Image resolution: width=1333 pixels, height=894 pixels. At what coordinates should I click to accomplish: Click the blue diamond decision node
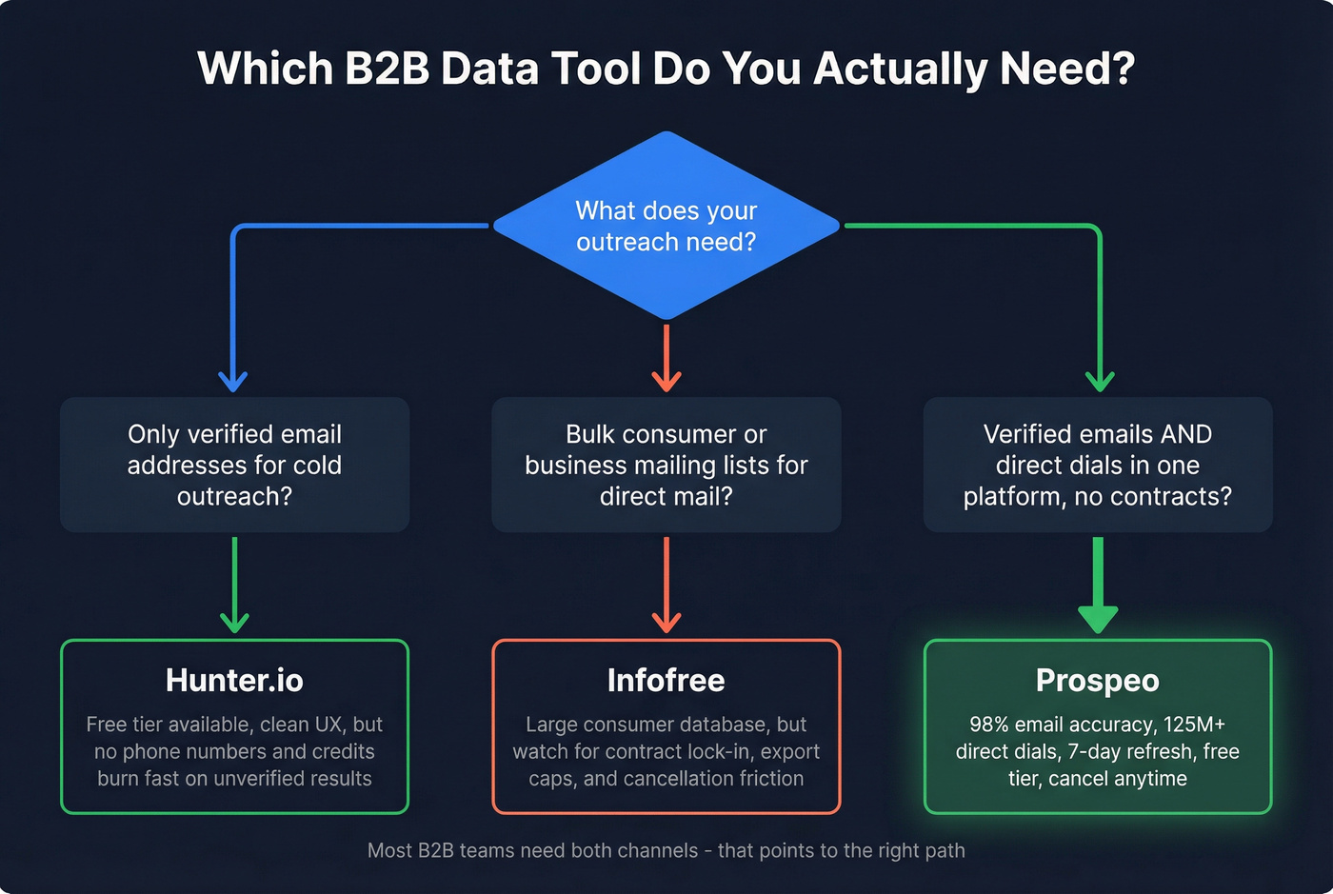[x=666, y=226]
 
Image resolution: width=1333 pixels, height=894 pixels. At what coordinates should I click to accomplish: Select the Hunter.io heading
[x=234, y=681]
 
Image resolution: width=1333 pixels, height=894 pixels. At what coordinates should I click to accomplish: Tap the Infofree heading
[x=666, y=681]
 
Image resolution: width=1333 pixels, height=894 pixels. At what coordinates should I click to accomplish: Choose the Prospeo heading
[x=1097, y=681]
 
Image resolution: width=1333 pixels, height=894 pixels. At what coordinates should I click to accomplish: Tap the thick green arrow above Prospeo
[x=1098, y=586]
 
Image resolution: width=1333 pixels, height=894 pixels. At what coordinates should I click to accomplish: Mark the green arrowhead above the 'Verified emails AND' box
[x=1100, y=381]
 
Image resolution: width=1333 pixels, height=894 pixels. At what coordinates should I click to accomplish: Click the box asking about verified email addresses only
[x=234, y=465]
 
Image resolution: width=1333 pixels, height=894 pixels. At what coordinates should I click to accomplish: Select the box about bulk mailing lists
[x=666, y=465]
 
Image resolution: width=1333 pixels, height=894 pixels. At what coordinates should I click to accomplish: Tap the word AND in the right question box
[x=1185, y=434]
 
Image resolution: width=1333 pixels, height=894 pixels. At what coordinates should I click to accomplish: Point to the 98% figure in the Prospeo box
[x=989, y=725]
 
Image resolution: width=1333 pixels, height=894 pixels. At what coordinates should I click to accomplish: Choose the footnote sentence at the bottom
[x=666, y=850]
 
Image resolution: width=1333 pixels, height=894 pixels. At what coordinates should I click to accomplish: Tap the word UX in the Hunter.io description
[x=328, y=725]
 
